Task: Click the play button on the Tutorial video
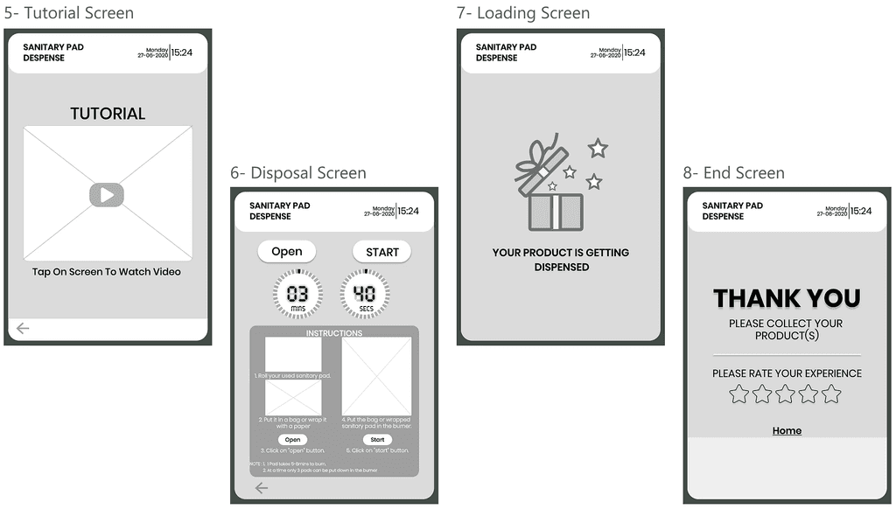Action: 107,195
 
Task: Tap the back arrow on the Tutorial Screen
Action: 23,328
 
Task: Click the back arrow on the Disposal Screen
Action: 262,488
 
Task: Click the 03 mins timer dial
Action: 297,294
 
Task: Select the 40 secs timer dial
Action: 365,294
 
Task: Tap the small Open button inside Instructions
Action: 292,440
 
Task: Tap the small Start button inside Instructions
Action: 377,440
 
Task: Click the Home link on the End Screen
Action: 787,430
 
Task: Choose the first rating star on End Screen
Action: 739,394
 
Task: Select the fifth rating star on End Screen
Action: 831,394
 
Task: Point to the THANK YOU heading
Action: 787,298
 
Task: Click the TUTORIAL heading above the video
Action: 108,114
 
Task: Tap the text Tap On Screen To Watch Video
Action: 107,272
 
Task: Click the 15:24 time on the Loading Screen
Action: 635,52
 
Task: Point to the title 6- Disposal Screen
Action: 298,173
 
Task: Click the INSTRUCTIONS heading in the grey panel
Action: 333,333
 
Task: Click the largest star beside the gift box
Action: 598,148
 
